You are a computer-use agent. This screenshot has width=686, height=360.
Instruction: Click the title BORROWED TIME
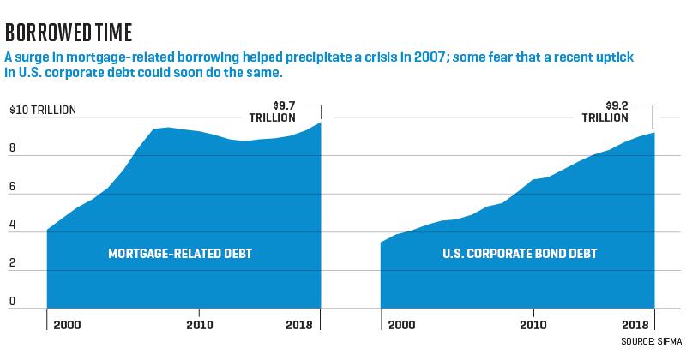click(x=69, y=33)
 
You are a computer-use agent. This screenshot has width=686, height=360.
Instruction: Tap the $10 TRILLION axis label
click(x=43, y=110)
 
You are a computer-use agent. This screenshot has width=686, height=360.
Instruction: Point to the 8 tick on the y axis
click(x=12, y=147)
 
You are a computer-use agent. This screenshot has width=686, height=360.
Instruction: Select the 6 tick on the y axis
click(x=12, y=186)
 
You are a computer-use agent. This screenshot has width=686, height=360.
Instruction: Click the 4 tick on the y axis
click(x=12, y=225)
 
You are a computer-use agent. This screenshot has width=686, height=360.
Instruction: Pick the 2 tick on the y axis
click(x=12, y=263)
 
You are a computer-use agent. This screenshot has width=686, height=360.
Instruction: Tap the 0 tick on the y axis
click(x=12, y=302)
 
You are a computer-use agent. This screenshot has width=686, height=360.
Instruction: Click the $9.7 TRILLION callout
click(x=273, y=111)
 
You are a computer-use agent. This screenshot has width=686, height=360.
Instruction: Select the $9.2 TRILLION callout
click(x=605, y=111)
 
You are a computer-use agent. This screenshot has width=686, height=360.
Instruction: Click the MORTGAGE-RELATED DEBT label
click(x=180, y=254)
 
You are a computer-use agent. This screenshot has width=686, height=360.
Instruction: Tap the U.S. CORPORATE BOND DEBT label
click(x=520, y=254)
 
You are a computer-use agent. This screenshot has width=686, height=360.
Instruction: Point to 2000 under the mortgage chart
click(x=67, y=325)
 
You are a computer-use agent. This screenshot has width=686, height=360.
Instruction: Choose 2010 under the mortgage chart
click(x=200, y=325)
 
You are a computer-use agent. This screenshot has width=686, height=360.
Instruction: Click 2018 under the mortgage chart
click(x=299, y=325)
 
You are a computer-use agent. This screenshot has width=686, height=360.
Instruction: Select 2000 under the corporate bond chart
click(x=401, y=325)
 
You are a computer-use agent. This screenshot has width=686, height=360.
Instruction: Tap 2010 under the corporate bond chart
click(x=533, y=325)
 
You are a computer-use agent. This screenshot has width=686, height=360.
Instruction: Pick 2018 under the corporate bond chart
click(x=635, y=325)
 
